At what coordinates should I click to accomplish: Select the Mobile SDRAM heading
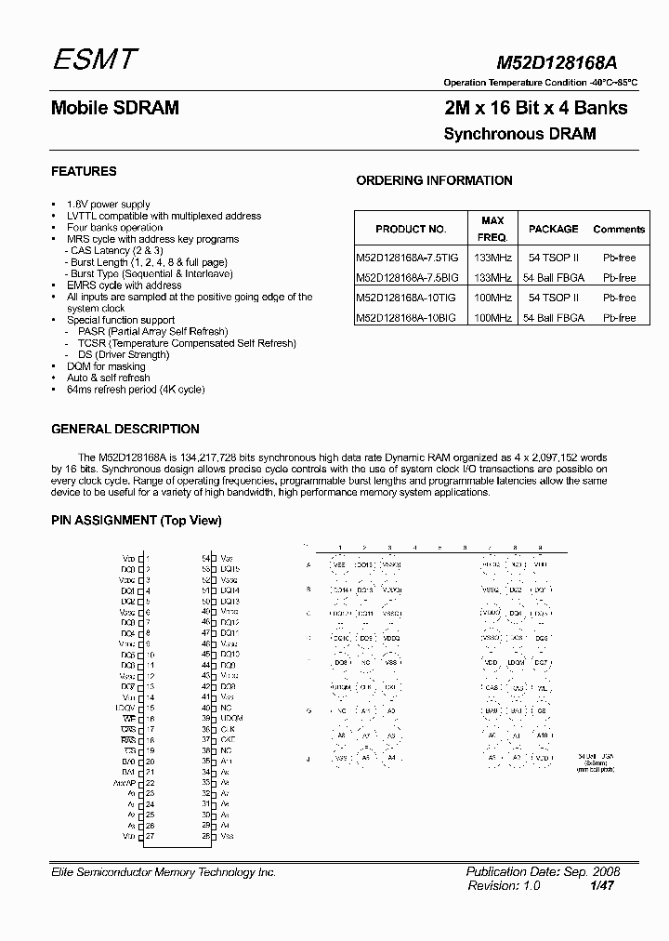[x=114, y=108]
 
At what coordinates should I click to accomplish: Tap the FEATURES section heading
[x=84, y=171]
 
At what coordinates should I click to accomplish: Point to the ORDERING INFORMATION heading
[x=434, y=180]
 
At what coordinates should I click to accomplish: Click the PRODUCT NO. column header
[x=411, y=229]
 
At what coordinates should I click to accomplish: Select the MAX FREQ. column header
[x=492, y=229]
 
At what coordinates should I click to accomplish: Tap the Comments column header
[x=619, y=229]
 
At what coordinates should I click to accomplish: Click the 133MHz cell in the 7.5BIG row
[x=492, y=278]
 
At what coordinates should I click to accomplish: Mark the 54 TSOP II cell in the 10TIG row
[x=554, y=298]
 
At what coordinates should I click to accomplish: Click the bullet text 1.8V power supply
[x=108, y=204]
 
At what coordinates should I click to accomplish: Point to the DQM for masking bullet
[x=106, y=366]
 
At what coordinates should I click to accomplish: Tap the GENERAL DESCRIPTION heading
[x=125, y=429]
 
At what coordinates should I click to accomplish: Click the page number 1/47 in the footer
[x=601, y=886]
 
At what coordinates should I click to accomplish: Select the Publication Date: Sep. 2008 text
[x=543, y=872]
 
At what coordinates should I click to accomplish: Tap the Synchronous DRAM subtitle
[x=519, y=134]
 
